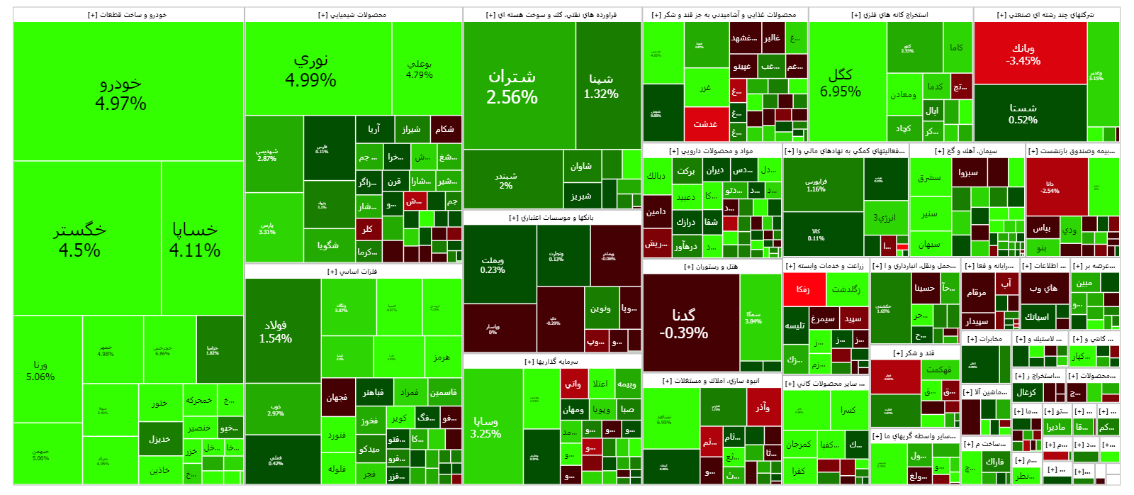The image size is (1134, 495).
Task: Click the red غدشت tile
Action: pyautogui.click(x=706, y=124)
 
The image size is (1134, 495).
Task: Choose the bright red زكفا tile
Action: pyautogui.click(x=804, y=289)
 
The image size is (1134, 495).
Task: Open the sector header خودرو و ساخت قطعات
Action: pyautogui.click(x=128, y=15)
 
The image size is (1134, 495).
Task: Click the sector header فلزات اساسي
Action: pyautogui.click(x=352, y=272)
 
